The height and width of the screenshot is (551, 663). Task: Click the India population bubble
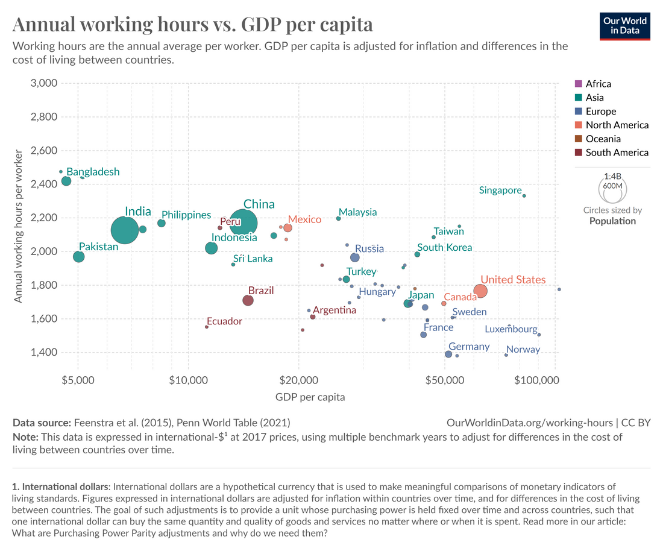125,230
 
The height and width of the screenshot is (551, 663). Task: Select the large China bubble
242,223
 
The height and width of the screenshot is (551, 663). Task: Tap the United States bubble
480,291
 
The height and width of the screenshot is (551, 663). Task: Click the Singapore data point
524,196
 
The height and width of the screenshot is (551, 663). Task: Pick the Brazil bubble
248,300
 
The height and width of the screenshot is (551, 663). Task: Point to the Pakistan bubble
79,257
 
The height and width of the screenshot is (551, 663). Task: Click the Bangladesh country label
93,172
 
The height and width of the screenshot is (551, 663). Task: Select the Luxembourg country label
511,329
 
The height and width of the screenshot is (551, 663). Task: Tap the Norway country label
523,350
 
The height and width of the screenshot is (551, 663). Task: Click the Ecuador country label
224,321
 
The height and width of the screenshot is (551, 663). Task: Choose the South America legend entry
617,153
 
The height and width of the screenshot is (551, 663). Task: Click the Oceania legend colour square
579,139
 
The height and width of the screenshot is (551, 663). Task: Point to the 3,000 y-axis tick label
43,83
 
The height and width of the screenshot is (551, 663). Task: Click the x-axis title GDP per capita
310,397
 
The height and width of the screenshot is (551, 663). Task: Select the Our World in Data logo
625,25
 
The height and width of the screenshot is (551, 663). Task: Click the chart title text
192,25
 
